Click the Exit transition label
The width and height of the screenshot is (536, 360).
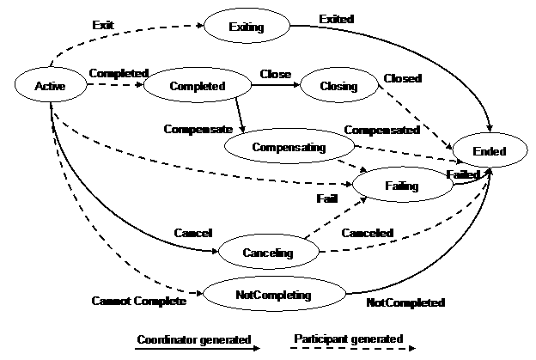pos(103,25)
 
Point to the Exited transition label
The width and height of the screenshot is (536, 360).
pos(337,19)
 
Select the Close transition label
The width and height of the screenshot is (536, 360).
pos(276,74)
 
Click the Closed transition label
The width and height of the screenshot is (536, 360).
pos(403,78)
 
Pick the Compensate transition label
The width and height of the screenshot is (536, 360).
pos(198,129)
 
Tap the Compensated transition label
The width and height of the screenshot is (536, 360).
pos(382,130)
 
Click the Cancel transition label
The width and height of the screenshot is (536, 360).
pos(193,233)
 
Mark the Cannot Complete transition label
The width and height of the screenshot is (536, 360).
pos(139,301)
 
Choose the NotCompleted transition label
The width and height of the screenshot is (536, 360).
pos(405,302)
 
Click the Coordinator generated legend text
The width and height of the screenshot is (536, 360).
pos(194,339)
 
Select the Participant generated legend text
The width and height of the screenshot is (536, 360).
pos(349,339)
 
